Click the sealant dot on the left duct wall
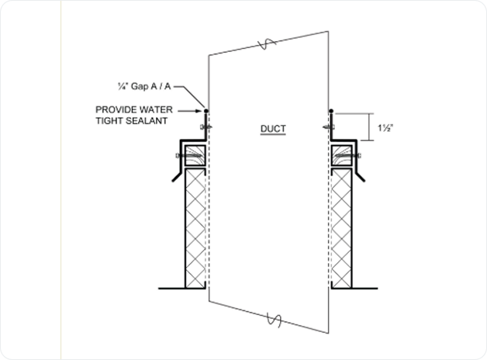206,110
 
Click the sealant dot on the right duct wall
331,110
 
